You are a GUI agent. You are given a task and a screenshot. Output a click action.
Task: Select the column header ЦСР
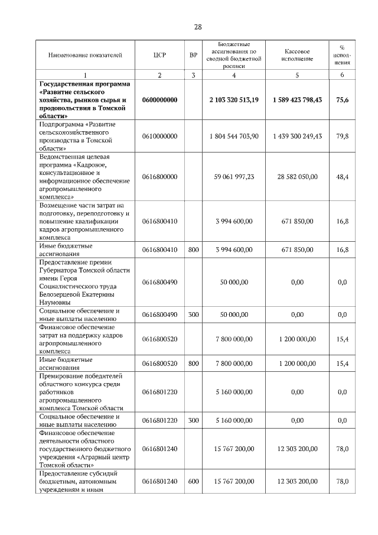coord(159,55)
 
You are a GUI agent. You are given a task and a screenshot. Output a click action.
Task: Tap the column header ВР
coord(193,55)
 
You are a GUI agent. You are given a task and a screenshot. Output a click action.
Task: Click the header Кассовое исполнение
coord(297,55)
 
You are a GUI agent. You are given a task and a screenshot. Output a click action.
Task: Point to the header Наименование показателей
coord(85,55)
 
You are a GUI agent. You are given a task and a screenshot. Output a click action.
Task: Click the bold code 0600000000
coord(159,100)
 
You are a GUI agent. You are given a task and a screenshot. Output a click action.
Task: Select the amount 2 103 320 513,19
coord(234,100)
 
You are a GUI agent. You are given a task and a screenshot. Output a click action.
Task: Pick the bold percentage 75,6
coord(342,100)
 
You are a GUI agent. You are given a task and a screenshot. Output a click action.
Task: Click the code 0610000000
coord(159,136)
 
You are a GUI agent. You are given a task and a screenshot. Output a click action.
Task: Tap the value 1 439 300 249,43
coord(297,136)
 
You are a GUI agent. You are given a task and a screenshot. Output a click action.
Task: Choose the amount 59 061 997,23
coord(234,177)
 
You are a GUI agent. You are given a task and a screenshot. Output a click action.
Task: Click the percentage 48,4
coord(342,177)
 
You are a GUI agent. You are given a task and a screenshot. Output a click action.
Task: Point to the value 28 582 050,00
coord(297,177)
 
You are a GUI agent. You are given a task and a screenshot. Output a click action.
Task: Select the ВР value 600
coord(193,482)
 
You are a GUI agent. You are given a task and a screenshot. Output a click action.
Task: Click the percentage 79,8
coord(342,136)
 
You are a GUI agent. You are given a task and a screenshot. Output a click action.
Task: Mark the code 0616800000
coord(159,177)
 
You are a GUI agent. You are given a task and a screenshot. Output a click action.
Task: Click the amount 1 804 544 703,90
coord(234,136)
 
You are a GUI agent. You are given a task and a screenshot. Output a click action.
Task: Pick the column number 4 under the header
coord(234,75)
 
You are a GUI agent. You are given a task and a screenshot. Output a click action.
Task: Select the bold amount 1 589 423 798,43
coord(297,100)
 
